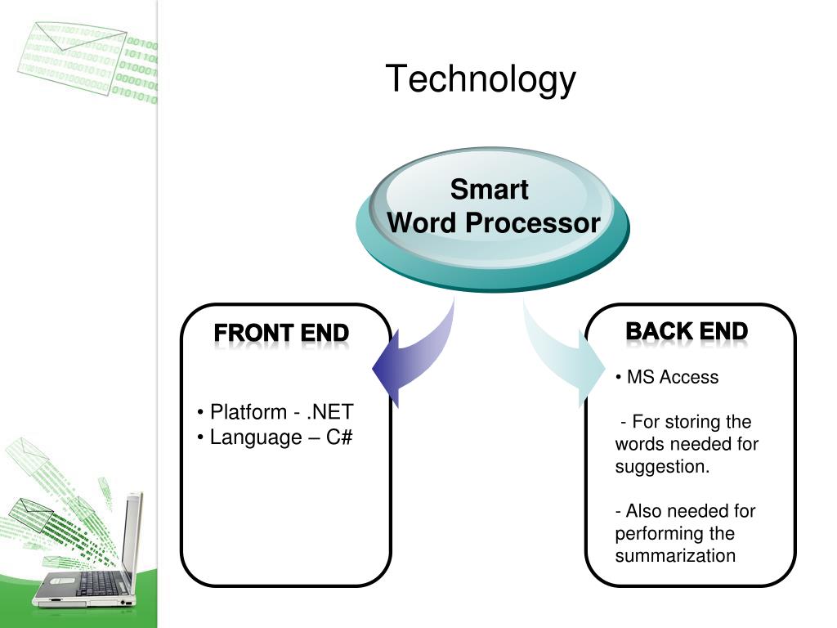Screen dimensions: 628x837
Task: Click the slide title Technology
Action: point(481,80)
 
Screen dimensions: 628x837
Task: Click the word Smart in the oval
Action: point(490,190)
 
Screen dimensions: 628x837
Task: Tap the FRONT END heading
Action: point(281,334)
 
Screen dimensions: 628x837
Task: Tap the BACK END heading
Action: point(687,331)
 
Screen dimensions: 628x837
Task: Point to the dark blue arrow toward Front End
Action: point(409,360)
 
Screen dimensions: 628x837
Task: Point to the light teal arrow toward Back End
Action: point(564,352)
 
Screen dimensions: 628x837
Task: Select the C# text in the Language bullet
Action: point(339,437)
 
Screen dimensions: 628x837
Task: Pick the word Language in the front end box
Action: point(256,437)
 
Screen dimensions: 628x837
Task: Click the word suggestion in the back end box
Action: point(662,467)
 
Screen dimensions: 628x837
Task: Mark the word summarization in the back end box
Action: point(675,556)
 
